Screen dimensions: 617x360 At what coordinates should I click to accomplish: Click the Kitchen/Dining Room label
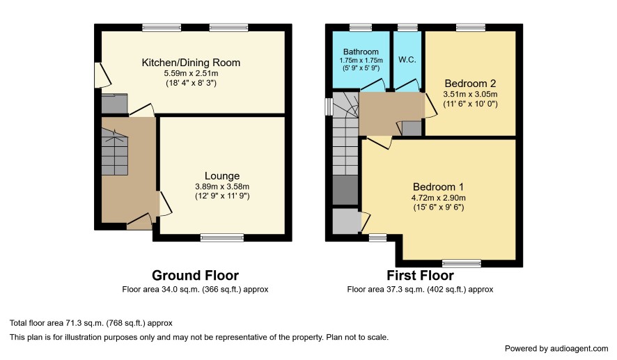pos(191,63)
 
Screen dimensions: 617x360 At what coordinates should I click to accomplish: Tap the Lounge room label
pos(222,176)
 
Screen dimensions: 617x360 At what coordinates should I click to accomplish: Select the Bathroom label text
pos(361,52)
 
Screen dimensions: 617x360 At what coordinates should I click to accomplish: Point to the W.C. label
pos(407,60)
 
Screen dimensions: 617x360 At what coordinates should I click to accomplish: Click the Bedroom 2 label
pos(470,84)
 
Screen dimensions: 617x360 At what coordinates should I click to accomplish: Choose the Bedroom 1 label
pos(438,187)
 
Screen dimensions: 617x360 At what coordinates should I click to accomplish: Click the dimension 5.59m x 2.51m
pos(191,73)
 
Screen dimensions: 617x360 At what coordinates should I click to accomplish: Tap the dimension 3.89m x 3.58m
pos(222,187)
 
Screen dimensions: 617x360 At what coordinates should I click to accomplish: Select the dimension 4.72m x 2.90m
pos(438,198)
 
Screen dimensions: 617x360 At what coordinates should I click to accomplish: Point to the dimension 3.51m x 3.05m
pos(470,94)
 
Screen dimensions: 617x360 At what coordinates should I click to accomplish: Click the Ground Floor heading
pos(195,275)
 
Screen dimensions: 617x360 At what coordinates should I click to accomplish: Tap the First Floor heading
pos(420,275)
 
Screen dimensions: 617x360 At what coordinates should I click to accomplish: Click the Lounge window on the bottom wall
pos(222,237)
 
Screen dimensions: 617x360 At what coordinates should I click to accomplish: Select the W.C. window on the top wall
pos(407,28)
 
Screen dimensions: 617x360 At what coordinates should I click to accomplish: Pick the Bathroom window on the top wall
pos(361,28)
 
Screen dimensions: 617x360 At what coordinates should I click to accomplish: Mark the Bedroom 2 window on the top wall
pos(471,28)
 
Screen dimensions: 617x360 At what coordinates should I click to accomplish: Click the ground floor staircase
pos(115,152)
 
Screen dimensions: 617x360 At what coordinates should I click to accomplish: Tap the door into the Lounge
pos(165,204)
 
